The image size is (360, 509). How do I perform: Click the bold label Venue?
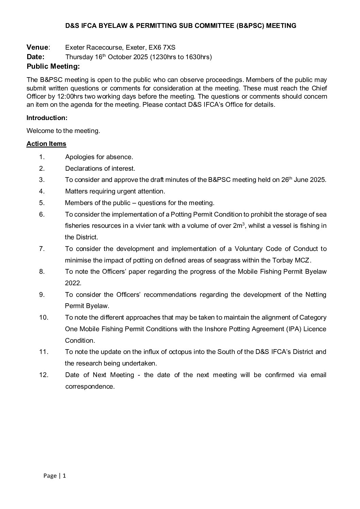[x=37, y=47]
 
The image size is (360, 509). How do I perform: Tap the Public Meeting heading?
[x=53, y=66]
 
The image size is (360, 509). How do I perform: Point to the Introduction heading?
[x=47, y=118]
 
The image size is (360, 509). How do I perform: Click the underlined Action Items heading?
[x=46, y=144]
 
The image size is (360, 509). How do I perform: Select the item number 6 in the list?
[x=42, y=215]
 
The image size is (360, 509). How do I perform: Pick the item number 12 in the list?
[x=44, y=375]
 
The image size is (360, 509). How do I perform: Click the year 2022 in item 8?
[x=72, y=283]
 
